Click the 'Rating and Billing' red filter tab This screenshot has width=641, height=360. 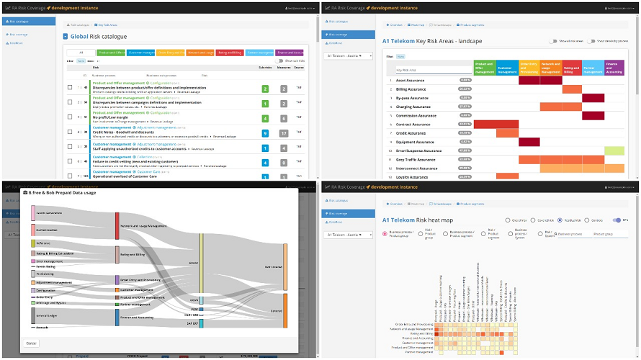[230, 53]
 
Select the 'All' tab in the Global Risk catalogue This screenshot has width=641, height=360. [81, 53]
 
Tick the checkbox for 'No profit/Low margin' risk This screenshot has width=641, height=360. [70, 118]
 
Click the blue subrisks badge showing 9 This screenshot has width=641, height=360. [265, 133]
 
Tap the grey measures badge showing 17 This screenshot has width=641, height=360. [284, 133]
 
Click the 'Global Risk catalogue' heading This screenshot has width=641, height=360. [99, 36]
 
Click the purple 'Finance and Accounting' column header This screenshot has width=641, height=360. [614, 68]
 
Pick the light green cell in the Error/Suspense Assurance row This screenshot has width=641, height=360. [614, 150]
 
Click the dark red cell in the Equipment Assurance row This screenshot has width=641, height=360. [529, 142]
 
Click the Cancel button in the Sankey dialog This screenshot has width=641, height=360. [32, 343]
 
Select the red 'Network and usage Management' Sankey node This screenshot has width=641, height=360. [117, 226]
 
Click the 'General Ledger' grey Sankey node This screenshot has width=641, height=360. [34, 315]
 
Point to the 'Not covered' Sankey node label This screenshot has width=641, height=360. [274, 266]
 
